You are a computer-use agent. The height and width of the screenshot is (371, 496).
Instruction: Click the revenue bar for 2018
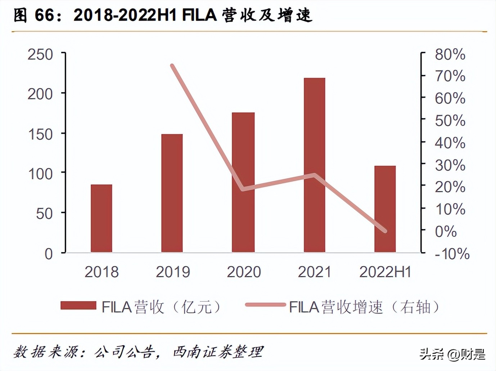tap(102, 218)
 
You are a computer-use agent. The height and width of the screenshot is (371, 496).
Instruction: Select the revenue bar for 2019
tap(172, 193)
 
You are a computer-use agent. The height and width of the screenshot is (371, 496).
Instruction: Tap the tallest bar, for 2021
tap(314, 165)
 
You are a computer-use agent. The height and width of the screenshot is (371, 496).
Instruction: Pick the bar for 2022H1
tap(385, 209)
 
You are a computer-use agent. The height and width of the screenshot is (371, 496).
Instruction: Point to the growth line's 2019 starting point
tap(172, 66)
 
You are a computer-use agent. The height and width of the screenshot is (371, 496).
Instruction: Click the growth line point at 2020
tap(244, 189)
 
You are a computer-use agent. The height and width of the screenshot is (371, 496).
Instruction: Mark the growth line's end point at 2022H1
tap(385, 231)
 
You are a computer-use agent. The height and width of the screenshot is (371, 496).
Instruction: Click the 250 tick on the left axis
tap(40, 55)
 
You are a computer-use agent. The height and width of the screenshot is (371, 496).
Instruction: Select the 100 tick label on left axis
tap(40, 174)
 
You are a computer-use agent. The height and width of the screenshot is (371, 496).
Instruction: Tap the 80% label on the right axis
tap(450, 55)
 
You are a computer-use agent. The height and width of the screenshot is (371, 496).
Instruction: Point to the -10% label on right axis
tap(452, 254)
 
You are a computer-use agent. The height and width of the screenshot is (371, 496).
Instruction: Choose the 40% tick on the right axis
tap(450, 143)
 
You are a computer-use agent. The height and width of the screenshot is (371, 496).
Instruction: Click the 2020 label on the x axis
tap(244, 272)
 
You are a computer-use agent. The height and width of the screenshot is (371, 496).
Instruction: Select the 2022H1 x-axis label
tap(385, 272)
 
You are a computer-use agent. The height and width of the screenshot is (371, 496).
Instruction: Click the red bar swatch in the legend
tap(78, 306)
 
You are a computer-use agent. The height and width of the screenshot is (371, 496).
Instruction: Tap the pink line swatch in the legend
tap(265, 305)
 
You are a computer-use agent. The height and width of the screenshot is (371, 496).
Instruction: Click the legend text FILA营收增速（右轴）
tap(364, 307)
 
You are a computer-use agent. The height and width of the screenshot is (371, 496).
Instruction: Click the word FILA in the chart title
tap(199, 15)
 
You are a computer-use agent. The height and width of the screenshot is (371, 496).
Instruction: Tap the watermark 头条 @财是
tap(452, 354)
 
